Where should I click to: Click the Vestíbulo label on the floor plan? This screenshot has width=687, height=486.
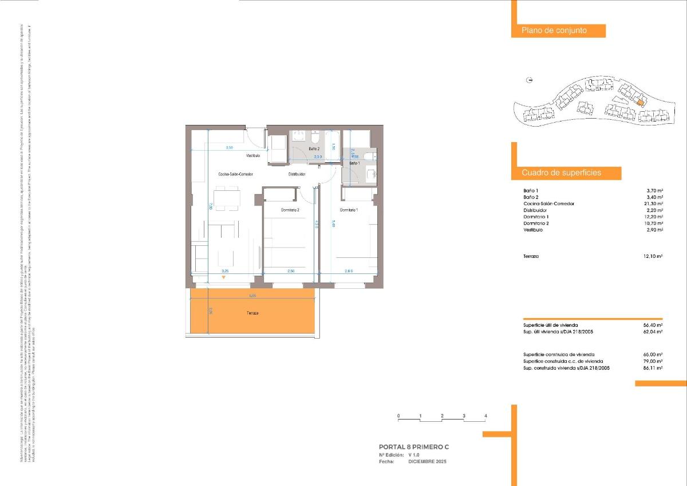pyautogui.click(x=253, y=156)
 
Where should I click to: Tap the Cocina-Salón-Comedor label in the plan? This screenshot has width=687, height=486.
pyautogui.click(x=235, y=174)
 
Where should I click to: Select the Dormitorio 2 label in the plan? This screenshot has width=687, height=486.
pyautogui.click(x=290, y=210)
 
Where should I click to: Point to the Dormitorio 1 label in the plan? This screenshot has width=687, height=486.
pyautogui.click(x=349, y=210)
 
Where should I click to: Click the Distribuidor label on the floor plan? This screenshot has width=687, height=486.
pyautogui.click(x=297, y=174)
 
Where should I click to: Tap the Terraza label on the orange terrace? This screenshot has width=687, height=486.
pyautogui.click(x=252, y=313)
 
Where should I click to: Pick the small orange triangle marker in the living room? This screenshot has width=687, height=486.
pyautogui.click(x=224, y=278)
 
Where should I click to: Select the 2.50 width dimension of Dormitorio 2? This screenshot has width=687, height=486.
pyautogui.click(x=291, y=271)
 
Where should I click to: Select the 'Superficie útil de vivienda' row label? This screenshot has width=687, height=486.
pyautogui.click(x=551, y=325)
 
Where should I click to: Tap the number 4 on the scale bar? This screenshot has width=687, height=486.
pyautogui.click(x=485, y=416)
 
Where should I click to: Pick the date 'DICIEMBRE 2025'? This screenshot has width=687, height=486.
pyautogui.click(x=427, y=461)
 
